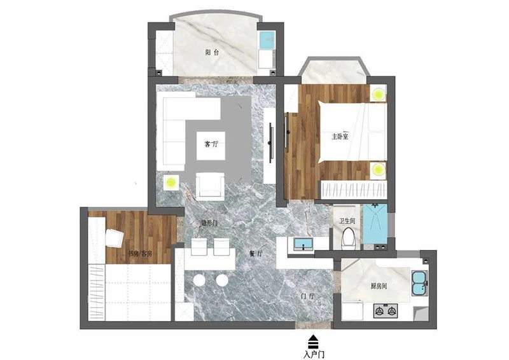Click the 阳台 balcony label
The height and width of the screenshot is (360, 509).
[213, 52]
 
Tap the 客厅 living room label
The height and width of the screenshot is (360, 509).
[211, 144]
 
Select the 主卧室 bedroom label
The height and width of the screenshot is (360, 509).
[340, 137]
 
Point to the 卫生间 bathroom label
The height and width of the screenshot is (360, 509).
[347, 221]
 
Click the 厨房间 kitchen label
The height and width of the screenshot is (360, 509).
[379, 286]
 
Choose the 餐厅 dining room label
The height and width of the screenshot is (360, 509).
[256, 254]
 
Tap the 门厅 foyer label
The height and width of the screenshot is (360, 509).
[308, 296]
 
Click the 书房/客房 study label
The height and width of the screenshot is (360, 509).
[139, 254]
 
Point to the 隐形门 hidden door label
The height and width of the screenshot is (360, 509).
[209, 223]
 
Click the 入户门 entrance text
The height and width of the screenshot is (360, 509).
[314, 354]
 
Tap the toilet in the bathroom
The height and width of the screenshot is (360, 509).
[348, 239]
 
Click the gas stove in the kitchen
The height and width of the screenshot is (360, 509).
[386, 311]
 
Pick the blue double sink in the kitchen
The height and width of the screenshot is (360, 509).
[420, 283]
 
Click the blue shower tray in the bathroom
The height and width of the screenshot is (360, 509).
[375, 224]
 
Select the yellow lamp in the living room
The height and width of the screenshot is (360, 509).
[171, 183]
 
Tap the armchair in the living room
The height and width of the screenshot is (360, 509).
[210, 186]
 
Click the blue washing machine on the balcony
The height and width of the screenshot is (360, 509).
[267, 39]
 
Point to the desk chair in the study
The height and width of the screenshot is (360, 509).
[114, 238]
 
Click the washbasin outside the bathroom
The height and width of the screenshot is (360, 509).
[303, 244]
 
